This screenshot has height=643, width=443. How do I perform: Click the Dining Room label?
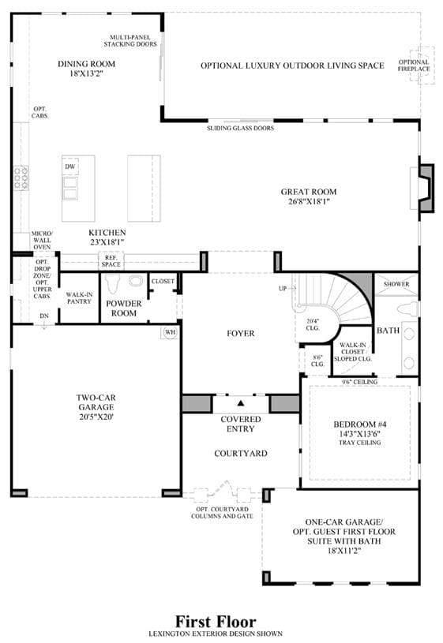[86, 64]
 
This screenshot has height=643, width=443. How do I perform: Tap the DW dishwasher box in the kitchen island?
[70, 166]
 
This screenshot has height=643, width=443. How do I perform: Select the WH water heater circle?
[170, 331]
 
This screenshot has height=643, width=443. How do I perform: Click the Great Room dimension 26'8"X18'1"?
[309, 201]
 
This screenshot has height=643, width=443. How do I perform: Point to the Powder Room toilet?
[112, 282]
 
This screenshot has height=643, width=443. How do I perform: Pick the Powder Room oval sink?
[136, 282]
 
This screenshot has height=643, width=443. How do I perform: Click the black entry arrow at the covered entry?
[241, 403]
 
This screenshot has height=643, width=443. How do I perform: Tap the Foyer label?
[241, 334]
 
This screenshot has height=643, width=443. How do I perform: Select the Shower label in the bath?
[396, 284]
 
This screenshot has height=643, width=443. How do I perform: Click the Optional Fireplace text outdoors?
[414, 65]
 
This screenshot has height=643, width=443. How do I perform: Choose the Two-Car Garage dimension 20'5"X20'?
[96, 417]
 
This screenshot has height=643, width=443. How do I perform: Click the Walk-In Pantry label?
[79, 298]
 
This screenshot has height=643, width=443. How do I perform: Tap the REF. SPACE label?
[111, 261]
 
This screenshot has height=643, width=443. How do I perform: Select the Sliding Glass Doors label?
[240, 129]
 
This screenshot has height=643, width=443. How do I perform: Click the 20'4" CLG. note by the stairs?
[313, 325]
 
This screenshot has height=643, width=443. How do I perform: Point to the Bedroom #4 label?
[359, 424]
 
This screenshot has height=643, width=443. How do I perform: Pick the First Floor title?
[216, 622]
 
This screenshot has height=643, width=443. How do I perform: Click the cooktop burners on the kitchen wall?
[21, 178]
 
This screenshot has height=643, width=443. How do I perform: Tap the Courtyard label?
[241, 454]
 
